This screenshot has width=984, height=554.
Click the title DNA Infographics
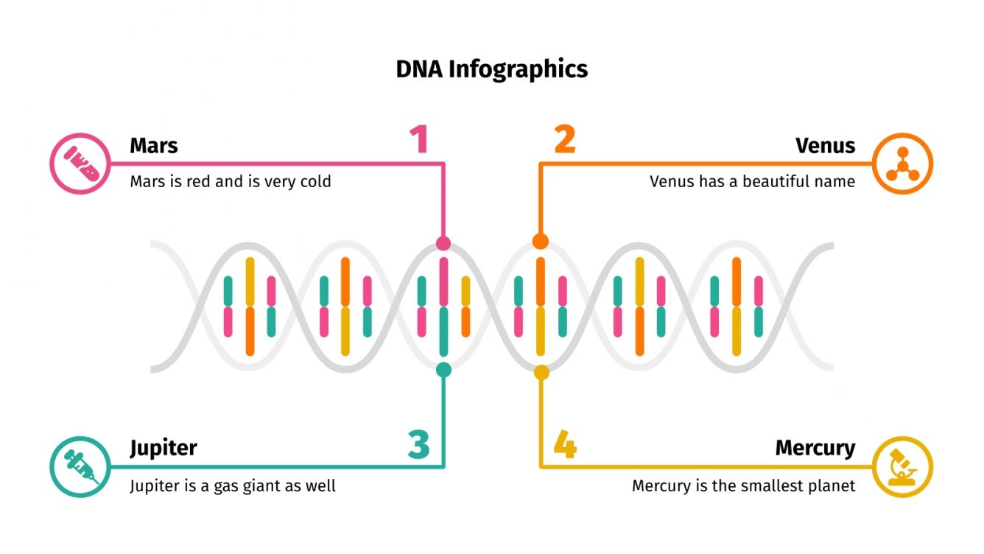(x=492, y=69)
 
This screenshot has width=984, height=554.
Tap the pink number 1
(x=419, y=140)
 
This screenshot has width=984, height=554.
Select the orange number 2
(x=565, y=140)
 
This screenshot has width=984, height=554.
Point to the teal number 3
(x=418, y=444)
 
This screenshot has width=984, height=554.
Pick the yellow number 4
(x=565, y=445)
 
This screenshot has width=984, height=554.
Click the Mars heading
(x=154, y=145)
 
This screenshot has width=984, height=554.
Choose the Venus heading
(x=825, y=145)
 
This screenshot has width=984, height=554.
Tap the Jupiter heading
(x=164, y=448)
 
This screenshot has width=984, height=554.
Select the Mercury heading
(x=815, y=448)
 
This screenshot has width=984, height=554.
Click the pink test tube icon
(x=80, y=164)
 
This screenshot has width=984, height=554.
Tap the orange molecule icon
(x=902, y=164)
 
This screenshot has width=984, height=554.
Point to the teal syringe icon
(x=80, y=467)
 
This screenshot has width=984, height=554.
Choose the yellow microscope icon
(x=902, y=467)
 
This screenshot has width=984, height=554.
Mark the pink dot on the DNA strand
(x=443, y=243)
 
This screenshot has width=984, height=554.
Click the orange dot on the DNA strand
(x=541, y=242)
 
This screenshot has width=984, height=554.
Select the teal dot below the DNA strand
(x=443, y=370)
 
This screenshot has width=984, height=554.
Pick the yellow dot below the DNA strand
(x=541, y=372)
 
